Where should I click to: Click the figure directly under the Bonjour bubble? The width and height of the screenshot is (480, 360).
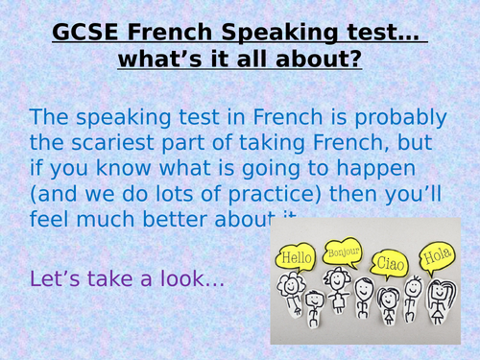pyautogui.click(x=338, y=301)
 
